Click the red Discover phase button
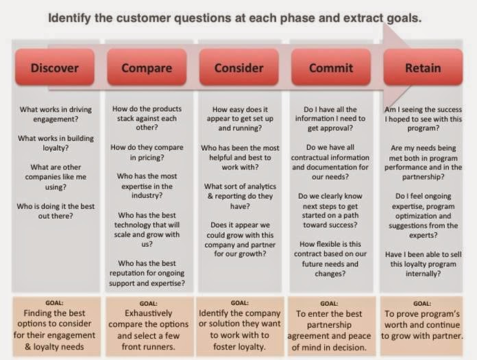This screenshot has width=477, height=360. tap(55, 67)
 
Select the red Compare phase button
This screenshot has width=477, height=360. tap(147, 67)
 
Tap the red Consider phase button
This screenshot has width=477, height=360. tap(239, 67)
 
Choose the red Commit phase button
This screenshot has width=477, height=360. tap(331, 67)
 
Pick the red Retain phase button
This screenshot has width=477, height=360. tap(423, 67)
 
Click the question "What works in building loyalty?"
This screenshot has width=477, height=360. tap(56, 143)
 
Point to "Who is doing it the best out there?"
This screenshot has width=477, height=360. tap(56, 211)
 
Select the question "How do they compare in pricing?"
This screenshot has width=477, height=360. tap(147, 152)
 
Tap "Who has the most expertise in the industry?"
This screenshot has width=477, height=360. tap(147, 186)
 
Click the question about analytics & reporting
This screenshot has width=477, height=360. tap(240, 196)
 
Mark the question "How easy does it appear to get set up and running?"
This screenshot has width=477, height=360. tap(240, 119)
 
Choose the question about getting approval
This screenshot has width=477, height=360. tap(330, 119)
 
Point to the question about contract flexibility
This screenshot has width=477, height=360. tap(330, 259)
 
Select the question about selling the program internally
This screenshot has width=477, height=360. tap(423, 264)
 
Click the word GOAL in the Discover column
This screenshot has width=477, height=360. tap(54, 303)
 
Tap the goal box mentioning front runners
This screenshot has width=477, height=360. tap(149, 326)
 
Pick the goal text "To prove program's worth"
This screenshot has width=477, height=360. tap(422, 319)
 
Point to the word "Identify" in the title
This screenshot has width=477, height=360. tap(69, 18)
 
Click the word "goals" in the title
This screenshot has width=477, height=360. tap(404, 19)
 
